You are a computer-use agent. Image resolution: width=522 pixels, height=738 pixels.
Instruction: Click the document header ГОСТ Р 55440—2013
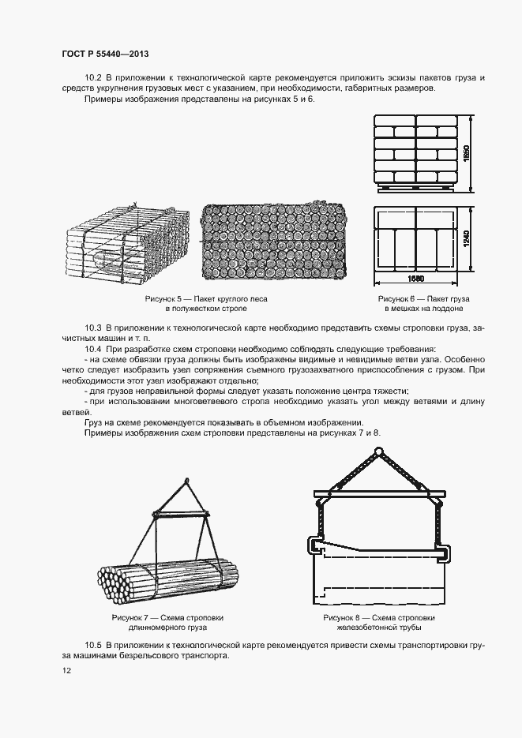(105, 54)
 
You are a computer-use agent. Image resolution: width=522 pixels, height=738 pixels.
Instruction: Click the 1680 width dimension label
(416, 279)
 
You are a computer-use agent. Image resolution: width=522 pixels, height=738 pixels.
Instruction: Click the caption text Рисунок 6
(399, 299)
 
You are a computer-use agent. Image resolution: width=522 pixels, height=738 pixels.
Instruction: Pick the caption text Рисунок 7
(135, 616)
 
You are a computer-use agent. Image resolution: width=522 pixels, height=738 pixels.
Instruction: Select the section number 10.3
(94, 327)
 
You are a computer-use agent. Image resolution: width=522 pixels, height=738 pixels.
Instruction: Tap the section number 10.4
(94, 348)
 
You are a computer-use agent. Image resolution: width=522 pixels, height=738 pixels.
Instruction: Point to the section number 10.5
(94, 646)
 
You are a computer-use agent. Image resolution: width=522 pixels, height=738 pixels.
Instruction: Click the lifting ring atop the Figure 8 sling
(375, 453)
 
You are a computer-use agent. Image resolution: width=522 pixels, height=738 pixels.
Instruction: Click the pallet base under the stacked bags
(415, 188)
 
